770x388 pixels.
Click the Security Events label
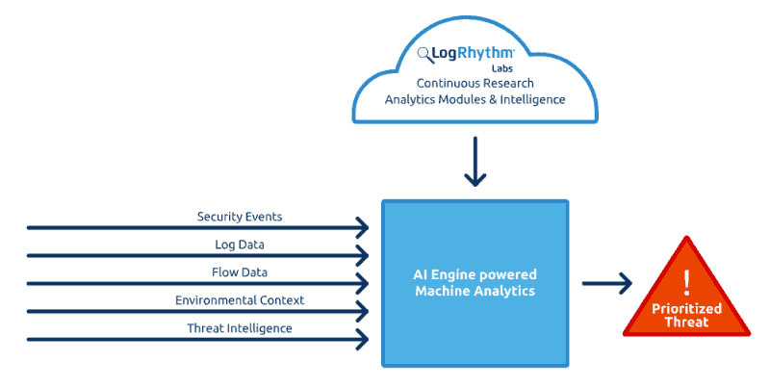pyautogui.click(x=241, y=217)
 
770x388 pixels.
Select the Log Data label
pyautogui.click(x=241, y=245)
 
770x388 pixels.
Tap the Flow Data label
pyautogui.click(x=241, y=272)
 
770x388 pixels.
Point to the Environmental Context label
pyautogui.click(x=241, y=300)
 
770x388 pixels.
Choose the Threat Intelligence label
pyautogui.click(x=241, y=328)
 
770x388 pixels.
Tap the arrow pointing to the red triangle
pyautogui.click(x=608, y=283)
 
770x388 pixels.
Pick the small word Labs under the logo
pyautogui.click(x=501, y=68)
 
